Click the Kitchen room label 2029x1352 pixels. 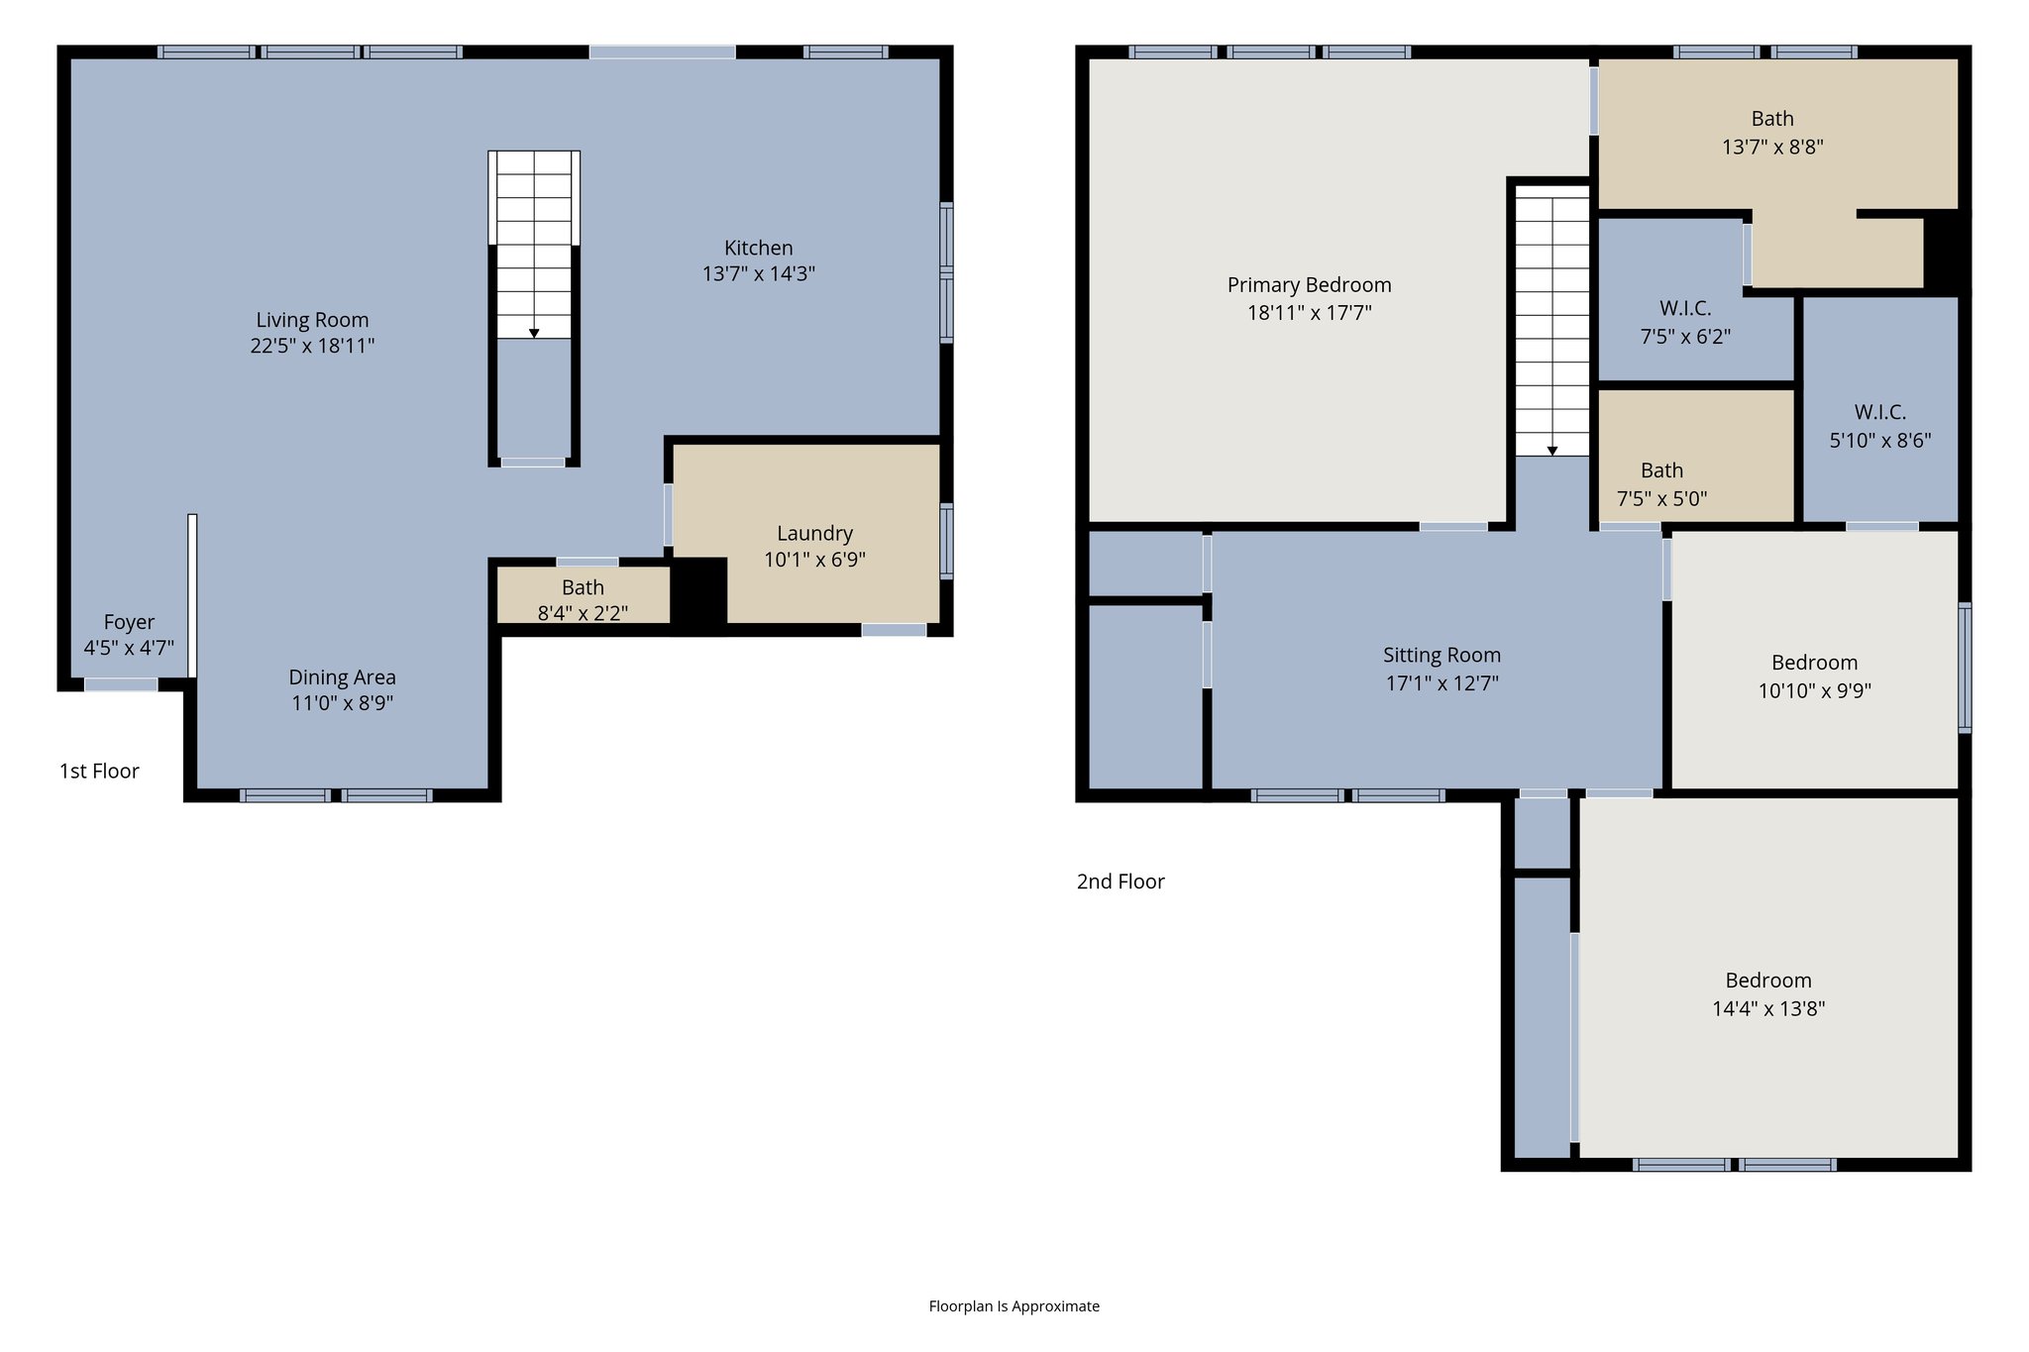[758, 248]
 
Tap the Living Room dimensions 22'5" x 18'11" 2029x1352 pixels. [312, 346]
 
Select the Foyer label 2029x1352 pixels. [129, 622]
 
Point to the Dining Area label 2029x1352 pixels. [342, 677]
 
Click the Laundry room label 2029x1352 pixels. [814, 533]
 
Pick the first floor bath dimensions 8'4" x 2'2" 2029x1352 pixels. [583, 613]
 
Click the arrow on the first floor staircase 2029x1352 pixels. [534, 333]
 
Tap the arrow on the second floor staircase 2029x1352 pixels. [1552, 450]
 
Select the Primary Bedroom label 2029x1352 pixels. [1309, 285]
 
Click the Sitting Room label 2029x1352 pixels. [1442, 655]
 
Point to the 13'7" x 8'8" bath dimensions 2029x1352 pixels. [1772, 147]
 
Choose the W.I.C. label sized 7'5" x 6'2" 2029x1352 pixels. [1685, 308]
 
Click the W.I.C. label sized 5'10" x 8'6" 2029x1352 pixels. [1879, 412]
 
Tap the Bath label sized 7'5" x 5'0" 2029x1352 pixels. [1661, 470]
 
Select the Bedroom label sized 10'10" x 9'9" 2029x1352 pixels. [1814, 663]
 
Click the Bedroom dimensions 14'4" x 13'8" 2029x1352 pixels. [1768, 1008]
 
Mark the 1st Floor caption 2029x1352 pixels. [99, 771]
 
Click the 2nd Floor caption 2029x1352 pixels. [1121, 882]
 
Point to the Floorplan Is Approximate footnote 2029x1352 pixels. [1014, 1306]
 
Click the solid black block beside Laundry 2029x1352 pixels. [699, 592]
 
